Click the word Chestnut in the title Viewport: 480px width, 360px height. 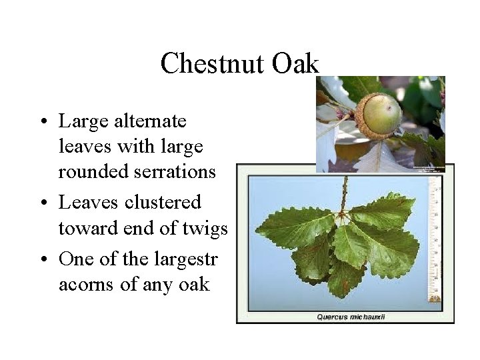(211, 64)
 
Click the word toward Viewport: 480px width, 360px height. (82, 229)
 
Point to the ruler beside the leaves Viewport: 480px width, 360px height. (437, 240)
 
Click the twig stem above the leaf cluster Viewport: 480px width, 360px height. (345, 193)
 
